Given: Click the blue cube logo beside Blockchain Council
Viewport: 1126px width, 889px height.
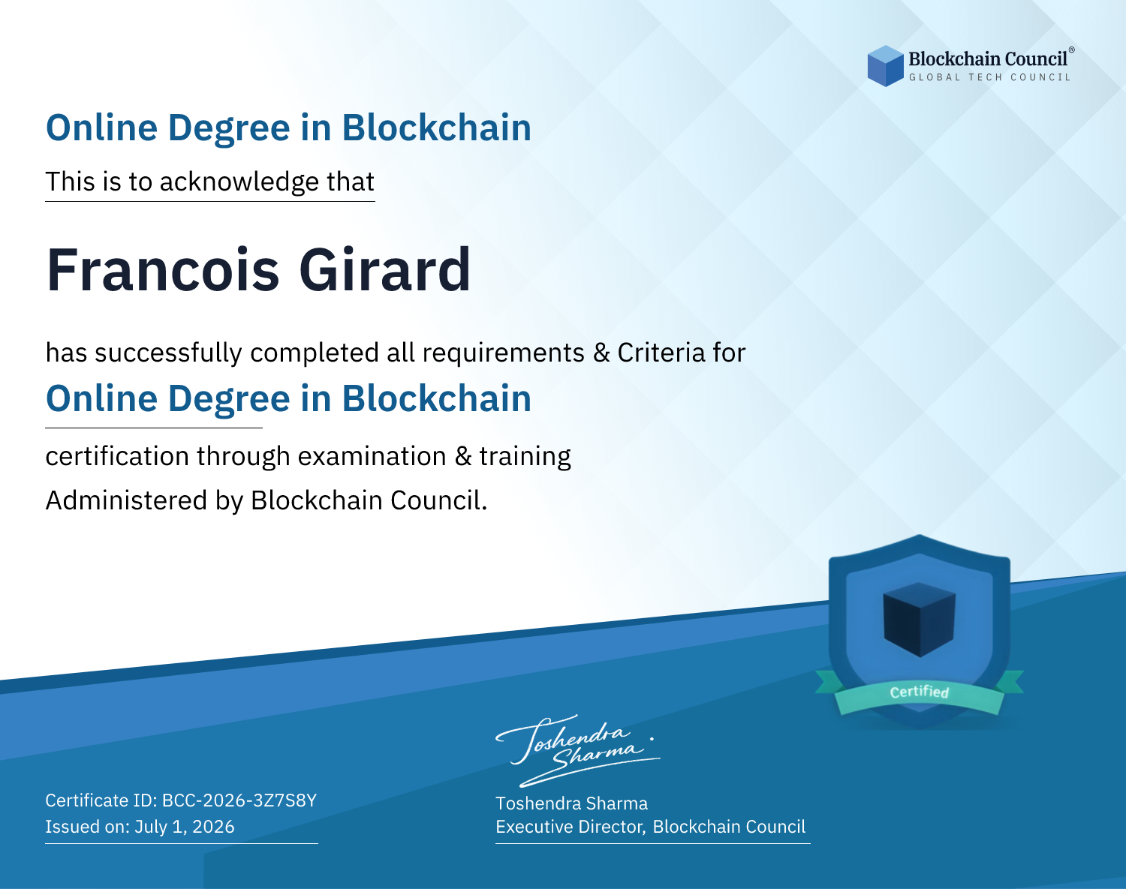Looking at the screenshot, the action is [885, 66].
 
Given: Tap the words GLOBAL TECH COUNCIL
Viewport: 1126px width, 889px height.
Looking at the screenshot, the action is [990, 77].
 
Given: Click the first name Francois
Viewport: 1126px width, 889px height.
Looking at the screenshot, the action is [163, 270].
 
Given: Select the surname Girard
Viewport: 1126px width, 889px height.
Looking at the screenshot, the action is [385, 270].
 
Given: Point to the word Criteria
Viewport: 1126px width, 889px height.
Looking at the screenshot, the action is [661, 353].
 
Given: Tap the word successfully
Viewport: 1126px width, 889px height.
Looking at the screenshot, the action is [168, 353].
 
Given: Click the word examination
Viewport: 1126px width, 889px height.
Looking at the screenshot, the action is [372, 456].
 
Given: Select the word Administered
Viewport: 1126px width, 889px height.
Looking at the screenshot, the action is [126, 500].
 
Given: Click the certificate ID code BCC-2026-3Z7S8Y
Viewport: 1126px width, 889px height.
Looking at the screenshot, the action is [239, 800].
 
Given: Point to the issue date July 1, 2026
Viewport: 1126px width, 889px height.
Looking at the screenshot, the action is [184, 827].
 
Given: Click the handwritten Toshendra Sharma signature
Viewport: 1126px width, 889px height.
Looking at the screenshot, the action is [577, 750].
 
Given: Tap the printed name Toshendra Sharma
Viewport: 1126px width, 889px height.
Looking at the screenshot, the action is [571, 803].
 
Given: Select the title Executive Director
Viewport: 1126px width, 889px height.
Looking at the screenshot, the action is [569, 827].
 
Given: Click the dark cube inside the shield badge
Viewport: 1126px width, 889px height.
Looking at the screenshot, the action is [920, 620].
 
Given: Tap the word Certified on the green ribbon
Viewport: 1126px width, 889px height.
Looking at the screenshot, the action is [920, 692].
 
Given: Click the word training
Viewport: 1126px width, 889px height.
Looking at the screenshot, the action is [525, 457].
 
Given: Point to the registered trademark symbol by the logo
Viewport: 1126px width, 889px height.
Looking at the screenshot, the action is [1072, 50].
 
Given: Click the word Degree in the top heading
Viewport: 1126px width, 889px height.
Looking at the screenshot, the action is [229, 128].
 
